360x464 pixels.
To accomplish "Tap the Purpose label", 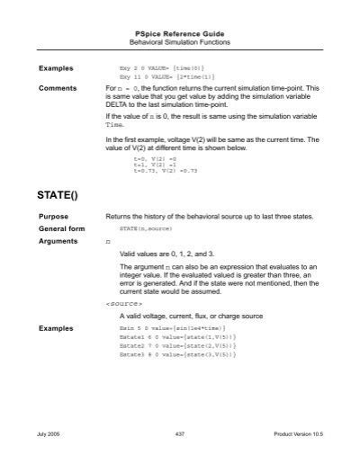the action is click(53, 218).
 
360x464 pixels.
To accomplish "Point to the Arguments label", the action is click(58, 243).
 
